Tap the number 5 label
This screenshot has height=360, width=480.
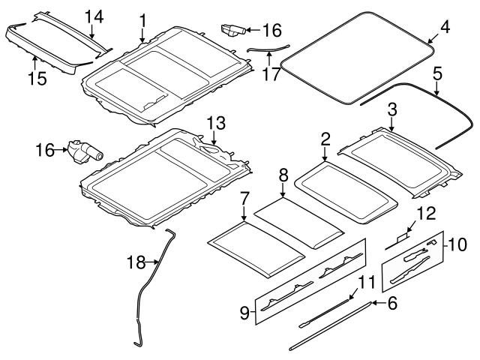point(438,74)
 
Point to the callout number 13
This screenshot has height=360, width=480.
point(215,122)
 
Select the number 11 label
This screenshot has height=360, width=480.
point(365,283)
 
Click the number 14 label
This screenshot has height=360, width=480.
point(94,16)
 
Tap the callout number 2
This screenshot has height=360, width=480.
point(325,139)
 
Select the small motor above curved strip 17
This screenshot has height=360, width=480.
point(232,30)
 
